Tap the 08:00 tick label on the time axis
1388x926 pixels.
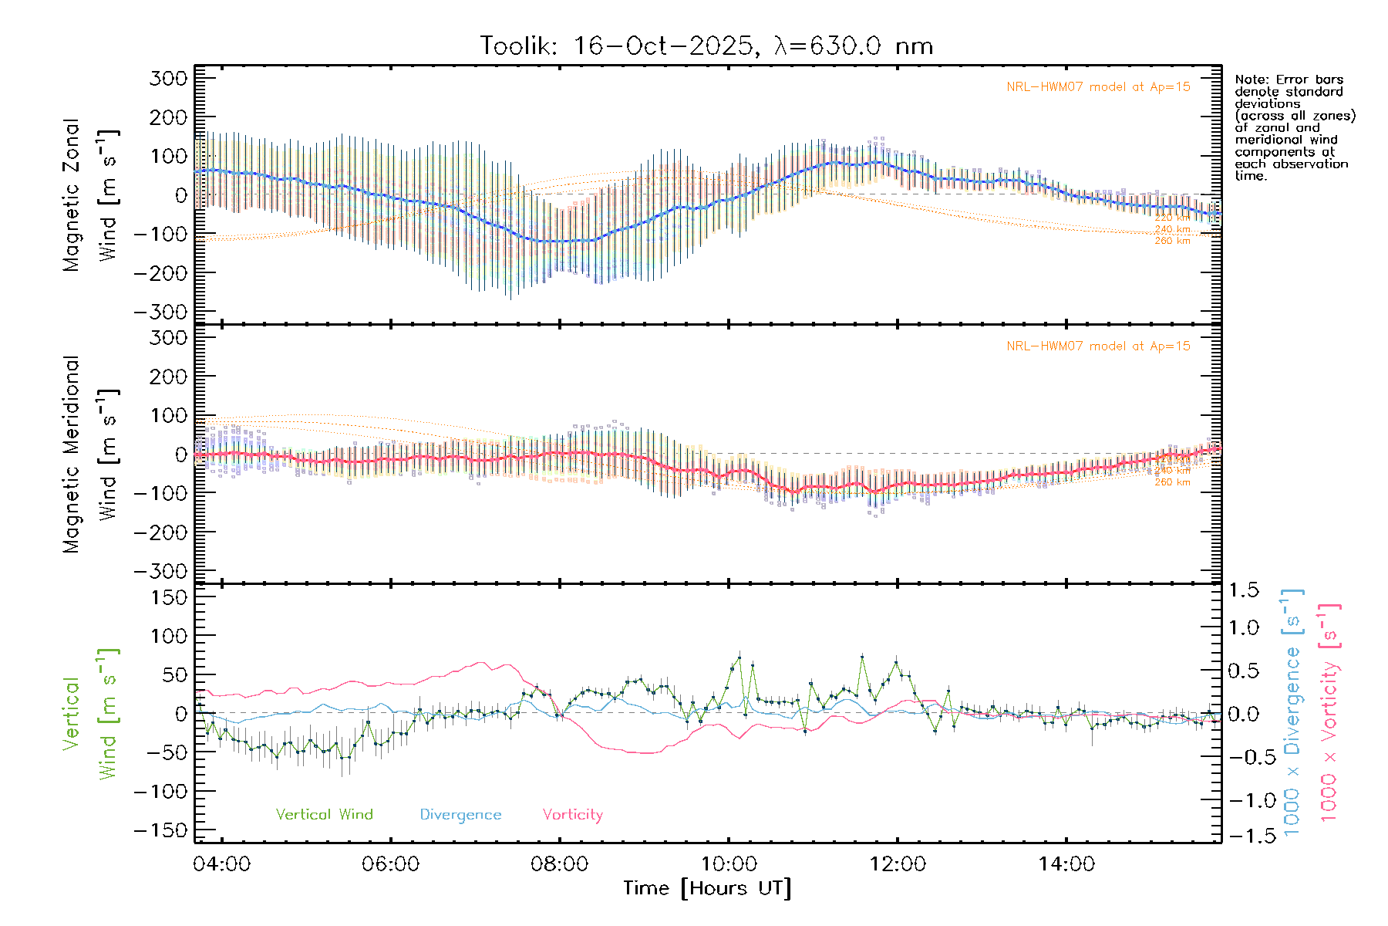pyautogui.click(x=559, y=864)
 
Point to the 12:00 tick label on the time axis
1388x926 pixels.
pyautogui.click(x=897, y=864)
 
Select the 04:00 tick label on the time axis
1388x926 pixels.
pyautogui.click(x=222, y=864)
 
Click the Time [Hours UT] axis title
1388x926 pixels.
pyautogui.click(x=707, y=888)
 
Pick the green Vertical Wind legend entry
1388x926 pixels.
pyautogui.click(x=324, y=814)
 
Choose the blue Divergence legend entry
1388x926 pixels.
pyautogui.click(x=460, y=814)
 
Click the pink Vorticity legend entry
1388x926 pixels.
pyautogui.click(x=572, y=814)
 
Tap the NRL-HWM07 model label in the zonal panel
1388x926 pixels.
pyautogui.click(x=1098, y=87)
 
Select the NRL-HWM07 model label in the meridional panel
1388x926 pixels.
pyautogui.click(x=1098, y=346)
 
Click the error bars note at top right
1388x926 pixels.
pyautogui.click(x=1295, y=127)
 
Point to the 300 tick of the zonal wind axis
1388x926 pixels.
pyautogui.click(x=169, y=78)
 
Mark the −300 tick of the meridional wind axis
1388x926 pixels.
pyautogui.click(x=161, y=571)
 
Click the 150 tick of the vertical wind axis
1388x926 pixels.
pyautogui.click(x=169, y=597)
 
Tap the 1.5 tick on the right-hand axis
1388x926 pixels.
pyautogui.click(x=1244, y=590)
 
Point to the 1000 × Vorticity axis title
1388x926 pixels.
pyautogui.click(x=1329, y=713)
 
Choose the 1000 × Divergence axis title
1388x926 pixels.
pyautogui.click(x=1292, y=713)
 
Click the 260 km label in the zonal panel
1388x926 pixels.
pyautogui.click(x=1172, y=241)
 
